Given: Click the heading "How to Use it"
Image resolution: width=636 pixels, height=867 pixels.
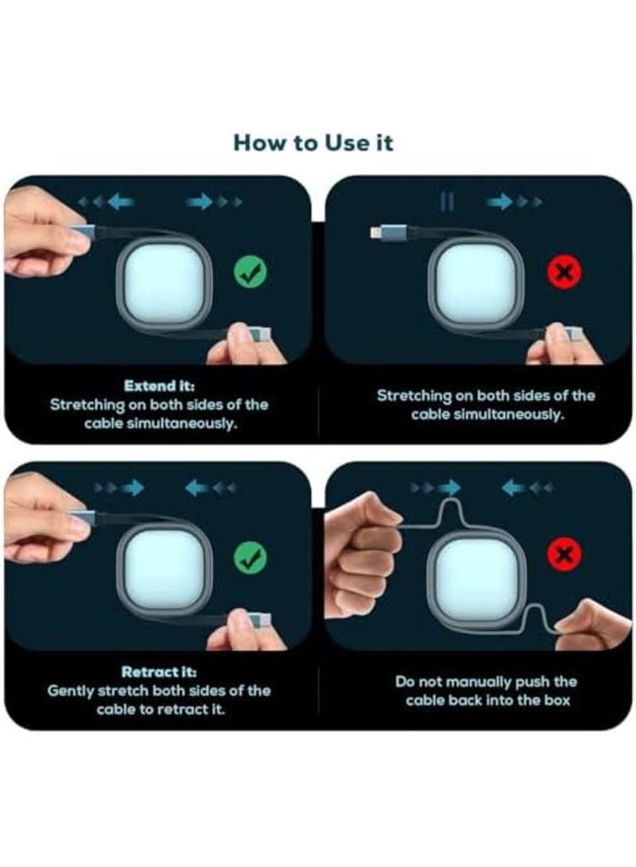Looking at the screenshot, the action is pyautogui.click(x=313, y=143).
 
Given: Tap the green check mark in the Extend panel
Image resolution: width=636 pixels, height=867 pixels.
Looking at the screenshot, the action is pyautogui.click(x=250, y=272).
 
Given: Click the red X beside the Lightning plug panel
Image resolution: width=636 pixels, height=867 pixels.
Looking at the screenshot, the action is pyautogui.click(x=564, y=272).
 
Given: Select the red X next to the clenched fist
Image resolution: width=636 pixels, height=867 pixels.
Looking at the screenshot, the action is pyautogui.click(x=564, y=554).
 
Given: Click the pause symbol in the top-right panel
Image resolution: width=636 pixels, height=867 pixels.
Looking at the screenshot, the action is pyautogui.click(x=447, y=202).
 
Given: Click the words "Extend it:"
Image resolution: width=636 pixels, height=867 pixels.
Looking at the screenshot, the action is pyautogui.click(x=159, y=385).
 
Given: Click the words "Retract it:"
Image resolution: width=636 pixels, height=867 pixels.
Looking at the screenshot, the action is pyautogui.click(x=159, y=672).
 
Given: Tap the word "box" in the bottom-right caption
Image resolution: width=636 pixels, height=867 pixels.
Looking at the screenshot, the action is pyautogui.click(x=559, y=701).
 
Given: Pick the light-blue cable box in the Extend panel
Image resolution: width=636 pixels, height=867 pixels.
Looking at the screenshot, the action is pyautogui.click(x=165, y=283).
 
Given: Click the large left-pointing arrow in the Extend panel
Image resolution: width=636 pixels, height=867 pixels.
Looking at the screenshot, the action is pyautogui.click(x=122, y=202).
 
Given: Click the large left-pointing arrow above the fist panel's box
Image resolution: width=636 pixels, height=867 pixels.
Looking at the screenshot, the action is pyautogui.click(x=514, y=488).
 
